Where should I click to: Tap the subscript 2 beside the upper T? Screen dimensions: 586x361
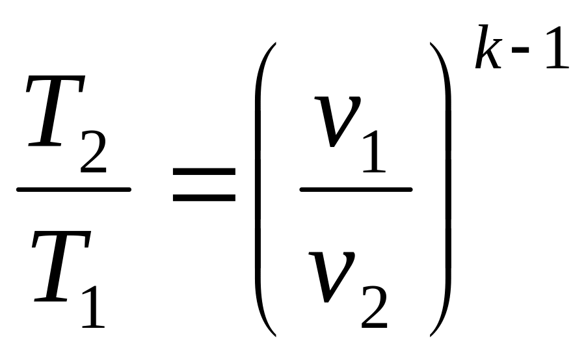click(x=94, y=152)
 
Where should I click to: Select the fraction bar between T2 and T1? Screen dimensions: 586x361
click(x=73, y=189)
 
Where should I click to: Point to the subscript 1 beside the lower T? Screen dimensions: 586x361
click(x=94, y=307)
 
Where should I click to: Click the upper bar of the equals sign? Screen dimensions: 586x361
click(x=204, y=172)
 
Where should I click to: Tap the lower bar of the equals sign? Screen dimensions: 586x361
click(x=204, y=197)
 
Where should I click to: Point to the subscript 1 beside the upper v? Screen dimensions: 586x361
click(x=375, y=152)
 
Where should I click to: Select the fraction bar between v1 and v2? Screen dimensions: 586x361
click(x=356, y=189)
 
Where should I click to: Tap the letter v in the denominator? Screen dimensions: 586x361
click(x=330, y=276)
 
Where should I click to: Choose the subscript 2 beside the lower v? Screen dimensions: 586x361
click(x=374, y=307)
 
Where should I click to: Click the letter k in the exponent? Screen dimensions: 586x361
click(x=488, y=47)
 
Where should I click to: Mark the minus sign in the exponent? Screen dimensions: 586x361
click(x=520, y=49)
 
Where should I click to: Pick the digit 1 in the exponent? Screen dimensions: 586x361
click(x=557, y=47)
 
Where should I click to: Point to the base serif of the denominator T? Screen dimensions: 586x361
click(x=51, y=299)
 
